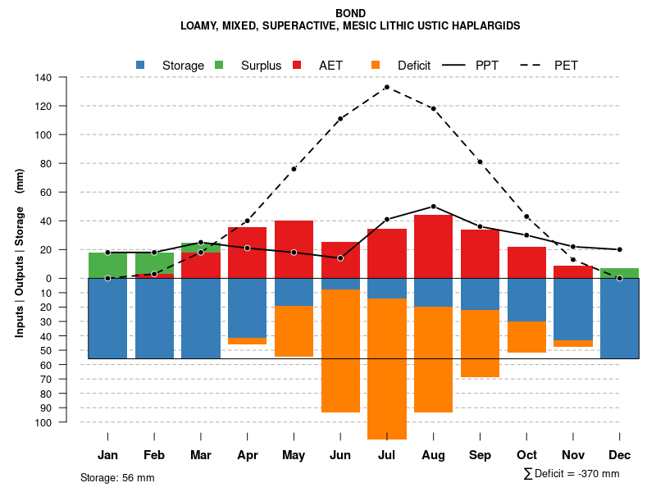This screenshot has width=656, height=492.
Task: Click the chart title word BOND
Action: coord(351,13)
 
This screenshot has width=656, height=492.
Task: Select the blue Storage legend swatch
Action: coord(141,65)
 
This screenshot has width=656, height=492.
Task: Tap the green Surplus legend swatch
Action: coord(219,65)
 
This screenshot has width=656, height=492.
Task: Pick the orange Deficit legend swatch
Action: coord(376,65)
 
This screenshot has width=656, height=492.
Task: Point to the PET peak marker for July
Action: coord(386,87)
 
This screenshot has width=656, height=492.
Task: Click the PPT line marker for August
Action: coord(433,207)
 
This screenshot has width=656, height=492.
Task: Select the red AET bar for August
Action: coord(433,246)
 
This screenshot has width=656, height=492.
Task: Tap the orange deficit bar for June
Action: coord(340,351)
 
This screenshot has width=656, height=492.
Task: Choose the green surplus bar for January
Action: coord(107,265)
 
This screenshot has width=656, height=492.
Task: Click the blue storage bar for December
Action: coord(619,318)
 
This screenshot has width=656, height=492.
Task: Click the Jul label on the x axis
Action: coord(386,455)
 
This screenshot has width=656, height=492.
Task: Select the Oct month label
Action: coord(526,455)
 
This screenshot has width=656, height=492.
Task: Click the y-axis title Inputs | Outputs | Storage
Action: coord(20,253)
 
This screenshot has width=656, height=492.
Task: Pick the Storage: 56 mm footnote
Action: coord(117,477)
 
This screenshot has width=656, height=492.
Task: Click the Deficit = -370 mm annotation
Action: coord(572,474)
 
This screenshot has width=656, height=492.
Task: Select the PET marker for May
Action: coord(294,169)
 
